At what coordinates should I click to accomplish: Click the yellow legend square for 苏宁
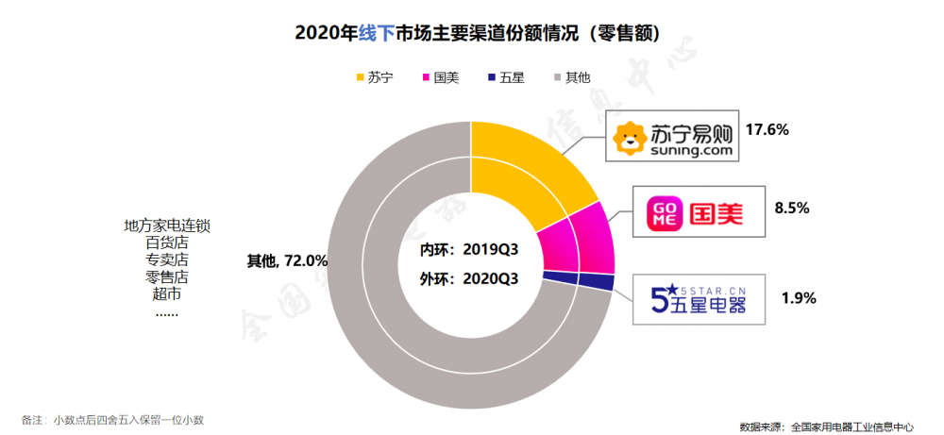360,77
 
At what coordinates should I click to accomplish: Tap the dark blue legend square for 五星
491,77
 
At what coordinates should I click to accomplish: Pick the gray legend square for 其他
557,77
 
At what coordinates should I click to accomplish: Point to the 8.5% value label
792,209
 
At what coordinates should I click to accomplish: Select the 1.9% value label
799,297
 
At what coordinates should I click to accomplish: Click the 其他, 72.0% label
287,261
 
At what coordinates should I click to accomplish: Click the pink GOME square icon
664,213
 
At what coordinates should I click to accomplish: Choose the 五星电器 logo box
698,299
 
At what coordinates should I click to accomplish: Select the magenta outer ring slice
593,238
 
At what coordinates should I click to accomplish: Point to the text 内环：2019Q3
469,250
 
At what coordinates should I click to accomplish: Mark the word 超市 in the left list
163,294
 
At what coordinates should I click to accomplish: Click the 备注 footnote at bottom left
113,419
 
